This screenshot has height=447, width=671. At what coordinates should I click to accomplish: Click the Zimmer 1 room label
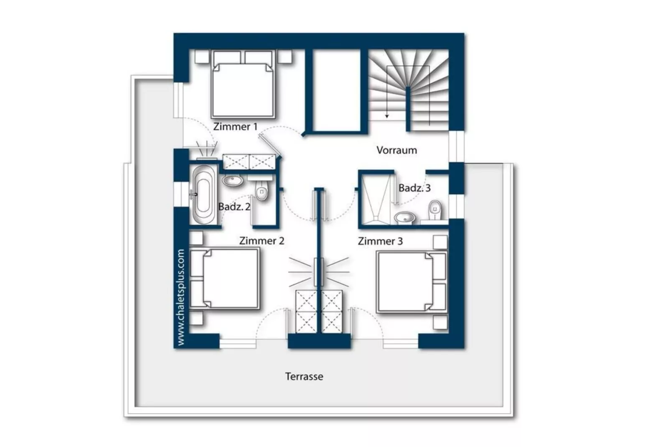[x=236, y=127]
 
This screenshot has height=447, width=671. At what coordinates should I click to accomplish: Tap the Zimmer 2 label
[x=262, y=241]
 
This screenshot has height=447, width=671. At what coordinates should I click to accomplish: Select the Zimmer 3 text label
[x=380, y=241]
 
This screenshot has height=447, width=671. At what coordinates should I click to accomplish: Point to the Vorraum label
[x=396, y=150]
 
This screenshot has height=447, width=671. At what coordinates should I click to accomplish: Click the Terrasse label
[x=304, y=376]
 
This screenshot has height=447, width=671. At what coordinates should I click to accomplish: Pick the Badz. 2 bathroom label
[x=234, y=207]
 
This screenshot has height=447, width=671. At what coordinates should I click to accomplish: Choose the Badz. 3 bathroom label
[x=414, y=188]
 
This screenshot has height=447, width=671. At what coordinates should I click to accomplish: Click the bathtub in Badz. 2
[x=204, y=195]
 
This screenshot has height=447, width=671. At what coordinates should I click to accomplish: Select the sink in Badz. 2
[x=232, y=180]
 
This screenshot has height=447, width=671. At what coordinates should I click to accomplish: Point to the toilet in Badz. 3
[x=435, y=210]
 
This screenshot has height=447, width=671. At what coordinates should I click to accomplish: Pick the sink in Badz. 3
[x=405, y=218]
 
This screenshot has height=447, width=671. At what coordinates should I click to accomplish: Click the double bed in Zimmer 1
[x=243, y=84]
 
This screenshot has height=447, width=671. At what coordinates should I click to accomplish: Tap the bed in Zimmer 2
[x=225, y=279]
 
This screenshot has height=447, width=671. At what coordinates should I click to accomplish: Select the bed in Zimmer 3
[x=412, y=282]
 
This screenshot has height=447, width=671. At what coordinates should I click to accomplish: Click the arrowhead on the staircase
[x=387, y=116]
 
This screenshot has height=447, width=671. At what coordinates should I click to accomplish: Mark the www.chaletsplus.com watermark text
[x=181, y=297]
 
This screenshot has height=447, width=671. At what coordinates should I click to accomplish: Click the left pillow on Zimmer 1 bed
[x=227, y=57]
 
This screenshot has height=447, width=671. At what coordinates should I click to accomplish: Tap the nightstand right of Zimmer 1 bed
[x=284, y=56]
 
